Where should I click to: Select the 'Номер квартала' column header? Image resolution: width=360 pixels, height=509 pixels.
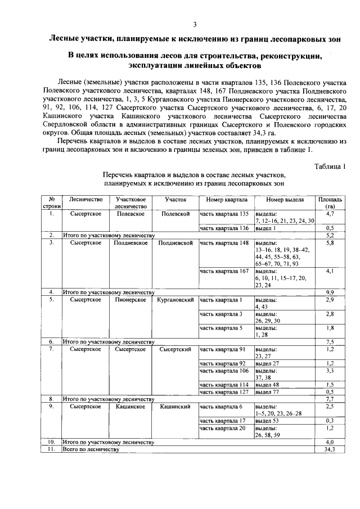coord(224,199)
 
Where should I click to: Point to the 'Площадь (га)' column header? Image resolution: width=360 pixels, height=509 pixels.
coord(330,202)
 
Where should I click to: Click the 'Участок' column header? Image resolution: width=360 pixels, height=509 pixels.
coord(175,199)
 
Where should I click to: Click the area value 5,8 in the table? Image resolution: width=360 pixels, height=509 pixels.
coord(330,243)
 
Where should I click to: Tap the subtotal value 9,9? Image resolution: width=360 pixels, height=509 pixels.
coord(330,292)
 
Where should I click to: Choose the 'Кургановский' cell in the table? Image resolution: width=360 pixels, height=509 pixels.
coord(175,300)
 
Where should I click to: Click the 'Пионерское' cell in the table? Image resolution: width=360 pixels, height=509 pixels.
coord(131,300)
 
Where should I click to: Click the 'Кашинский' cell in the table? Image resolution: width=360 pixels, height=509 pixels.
coord(175,406)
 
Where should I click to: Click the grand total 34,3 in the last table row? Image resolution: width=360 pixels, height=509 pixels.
coord(330,449)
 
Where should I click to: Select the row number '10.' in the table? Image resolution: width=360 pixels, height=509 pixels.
coord(51,442)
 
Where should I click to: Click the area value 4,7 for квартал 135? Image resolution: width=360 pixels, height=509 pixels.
coord(330,214)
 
